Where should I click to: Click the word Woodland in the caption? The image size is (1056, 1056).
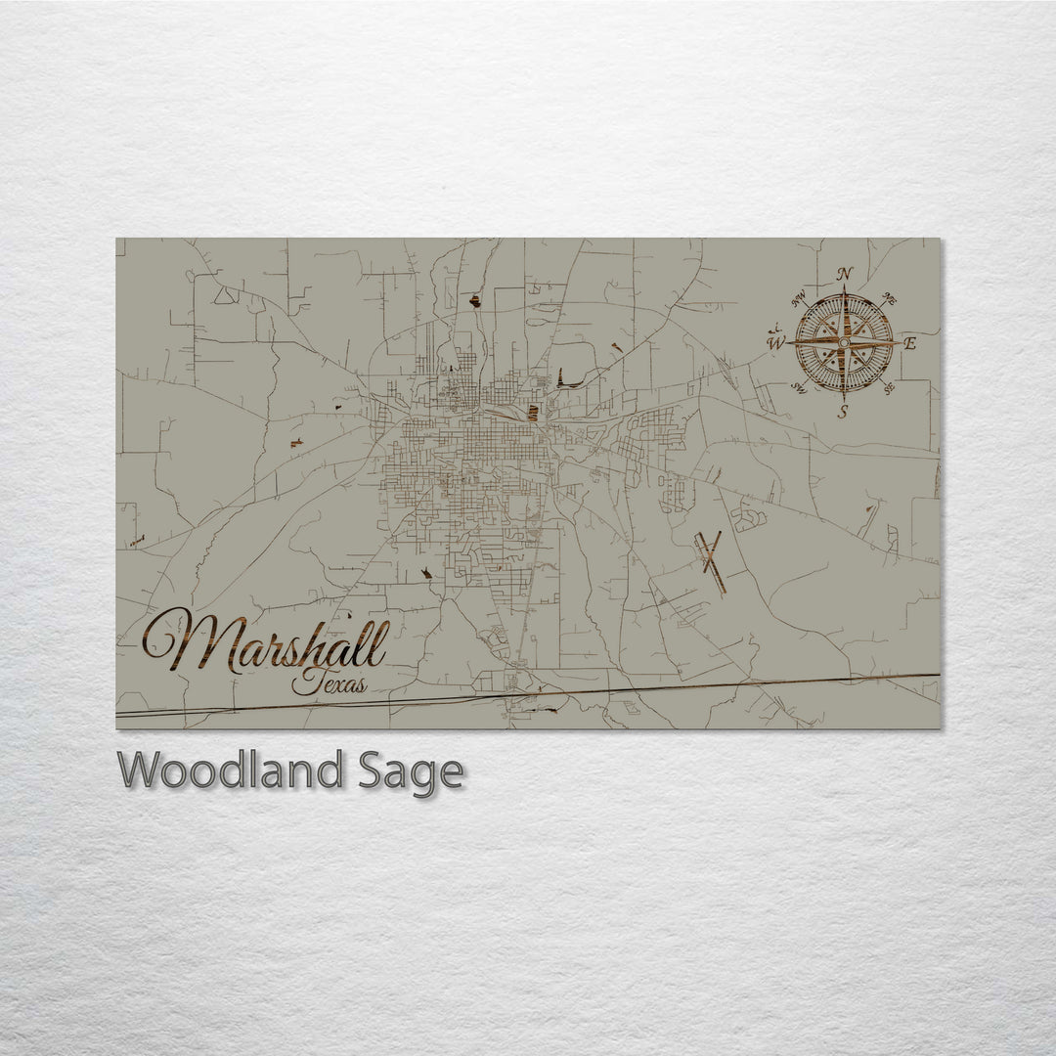(232, 771)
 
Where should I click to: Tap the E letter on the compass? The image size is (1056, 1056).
(909, 343)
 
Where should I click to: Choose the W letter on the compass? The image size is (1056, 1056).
(775, 343)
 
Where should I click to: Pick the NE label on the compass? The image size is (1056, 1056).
(890, 297)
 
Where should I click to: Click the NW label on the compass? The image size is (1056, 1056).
(799, 297)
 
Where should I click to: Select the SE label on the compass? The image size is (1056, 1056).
(889, 389)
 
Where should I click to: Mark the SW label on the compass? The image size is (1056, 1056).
(799, 389)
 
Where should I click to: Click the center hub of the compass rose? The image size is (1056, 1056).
(844, 342)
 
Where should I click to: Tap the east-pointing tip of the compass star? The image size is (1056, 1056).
(898, 342)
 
